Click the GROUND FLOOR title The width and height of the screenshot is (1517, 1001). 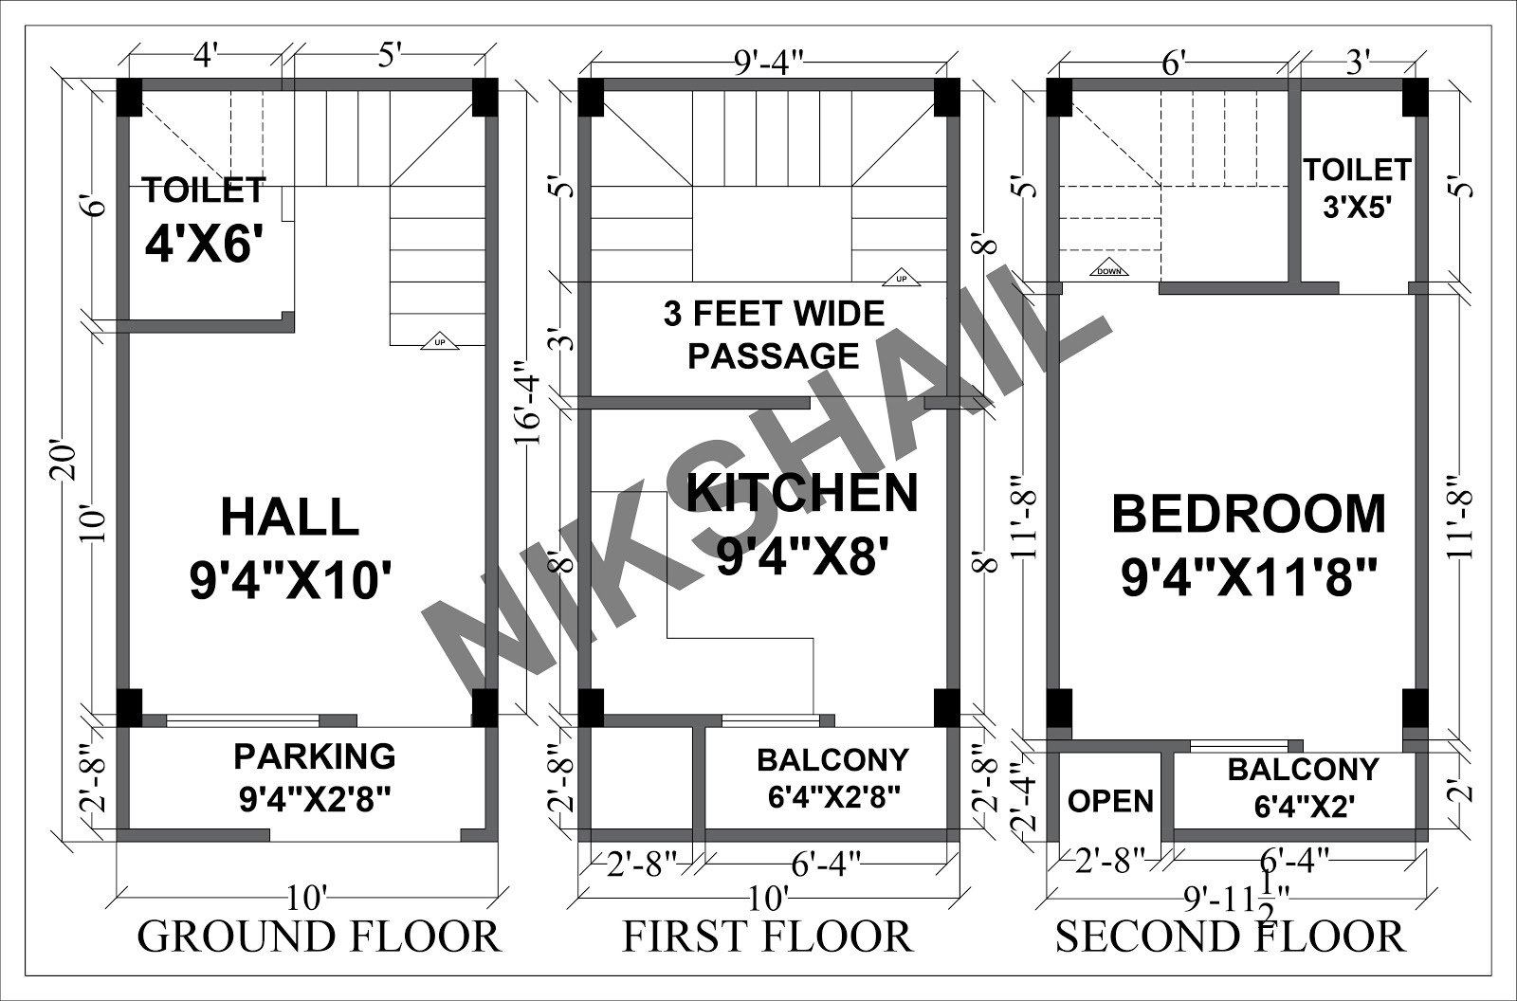(319, 937)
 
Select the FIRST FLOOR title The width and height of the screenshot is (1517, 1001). (767, 937)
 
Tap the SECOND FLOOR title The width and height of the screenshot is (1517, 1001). (1230, 937)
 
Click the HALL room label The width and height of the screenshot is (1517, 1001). (290, 517)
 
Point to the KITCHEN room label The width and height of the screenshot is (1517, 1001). (802, 493)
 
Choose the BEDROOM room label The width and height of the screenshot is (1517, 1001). (1249, 514)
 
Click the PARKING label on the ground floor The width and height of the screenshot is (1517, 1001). (315, 755)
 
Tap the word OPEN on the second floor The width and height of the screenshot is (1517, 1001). (1110, 801)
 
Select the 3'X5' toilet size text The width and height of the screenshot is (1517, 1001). (1357, 207)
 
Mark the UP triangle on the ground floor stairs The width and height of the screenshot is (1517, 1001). (440, 341)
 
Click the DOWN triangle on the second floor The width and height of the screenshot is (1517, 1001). (1108, 267)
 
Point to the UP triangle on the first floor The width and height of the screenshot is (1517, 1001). (902, 277)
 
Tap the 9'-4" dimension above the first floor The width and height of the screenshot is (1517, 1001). (768, 64)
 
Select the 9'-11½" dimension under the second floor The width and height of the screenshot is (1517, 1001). (1236, 901)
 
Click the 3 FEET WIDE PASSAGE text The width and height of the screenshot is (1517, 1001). (774, 335)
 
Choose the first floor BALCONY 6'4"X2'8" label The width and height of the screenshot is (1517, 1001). (833, 778)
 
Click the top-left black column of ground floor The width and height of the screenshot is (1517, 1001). (129, 98)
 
